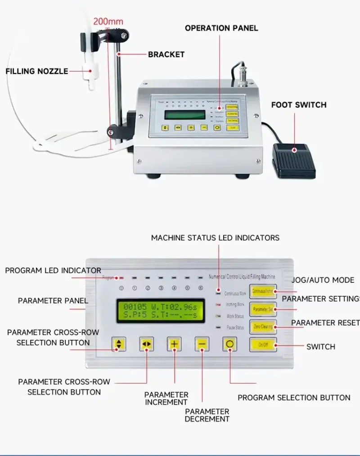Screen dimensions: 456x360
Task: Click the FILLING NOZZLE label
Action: click(x=37, y=71)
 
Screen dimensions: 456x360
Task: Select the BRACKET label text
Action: click(x=166, y=54)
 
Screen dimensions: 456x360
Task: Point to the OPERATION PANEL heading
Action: click(x=221, y=28)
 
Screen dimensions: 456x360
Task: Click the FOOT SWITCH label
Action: click(x=298, y=105)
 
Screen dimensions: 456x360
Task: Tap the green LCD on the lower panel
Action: click(x=160, y=311)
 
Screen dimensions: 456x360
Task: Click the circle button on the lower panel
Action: click(x=229, y=344)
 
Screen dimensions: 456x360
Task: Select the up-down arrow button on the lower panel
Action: click(x=119, y=344)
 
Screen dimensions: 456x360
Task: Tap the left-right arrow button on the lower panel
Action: click(x=146, y=344)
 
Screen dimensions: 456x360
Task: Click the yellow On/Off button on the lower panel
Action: click(x=263, y=345)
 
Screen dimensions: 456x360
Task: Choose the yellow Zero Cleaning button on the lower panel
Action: click(x=263, y=327)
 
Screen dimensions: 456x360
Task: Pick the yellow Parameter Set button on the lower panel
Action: click(x=263, y=309)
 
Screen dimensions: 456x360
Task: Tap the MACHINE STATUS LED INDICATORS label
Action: click(x=215, y=238)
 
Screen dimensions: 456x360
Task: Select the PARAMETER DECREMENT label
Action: click(x=207, y=415)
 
